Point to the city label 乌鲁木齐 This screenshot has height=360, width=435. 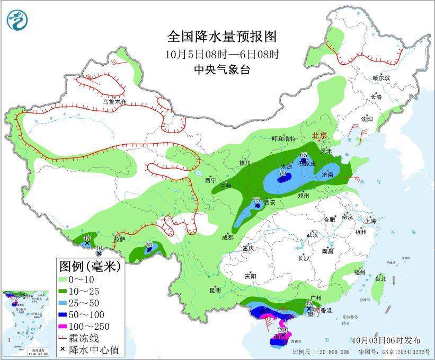tap(115, 102)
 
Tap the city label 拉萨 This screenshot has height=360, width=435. tap(120, 239)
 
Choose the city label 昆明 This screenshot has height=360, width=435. tap(215, 290)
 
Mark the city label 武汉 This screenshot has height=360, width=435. tap(312, 234)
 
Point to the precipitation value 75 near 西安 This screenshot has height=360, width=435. tap(257, 200)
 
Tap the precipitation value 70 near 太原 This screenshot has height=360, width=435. tap(282, 173)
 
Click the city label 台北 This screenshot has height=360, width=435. tap(380, 278)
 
